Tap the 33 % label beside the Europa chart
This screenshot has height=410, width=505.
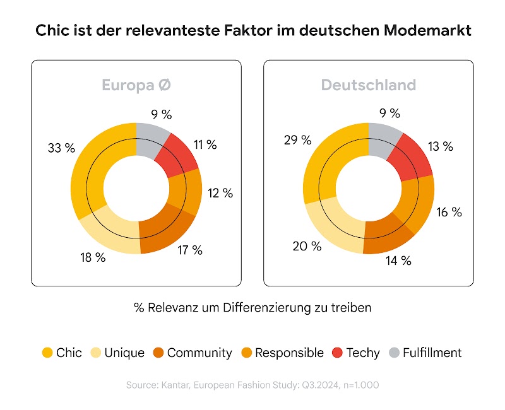point(61,148)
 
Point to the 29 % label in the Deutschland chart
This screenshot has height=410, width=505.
point(297,139)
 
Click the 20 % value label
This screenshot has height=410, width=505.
point(307,246)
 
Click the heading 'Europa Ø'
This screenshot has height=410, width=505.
point(136,85)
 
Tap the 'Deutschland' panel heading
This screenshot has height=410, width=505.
point(369,85)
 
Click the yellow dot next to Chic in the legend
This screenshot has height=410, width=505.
point(47,353)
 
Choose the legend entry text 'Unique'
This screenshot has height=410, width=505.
point(124,353)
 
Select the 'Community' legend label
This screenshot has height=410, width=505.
point(199,353)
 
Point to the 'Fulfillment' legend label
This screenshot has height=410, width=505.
point(432,353)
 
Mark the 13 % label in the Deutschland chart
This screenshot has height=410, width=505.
point(439,146)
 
